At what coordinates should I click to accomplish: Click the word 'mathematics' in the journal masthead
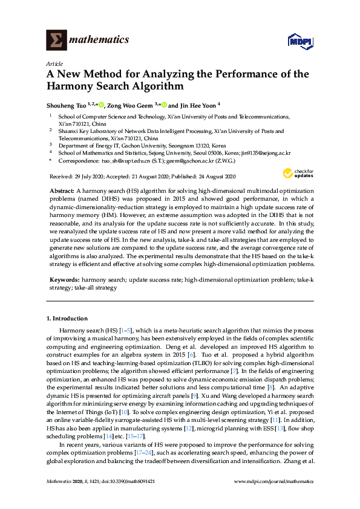coord(100,40)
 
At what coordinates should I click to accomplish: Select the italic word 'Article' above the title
coord(54,63)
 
